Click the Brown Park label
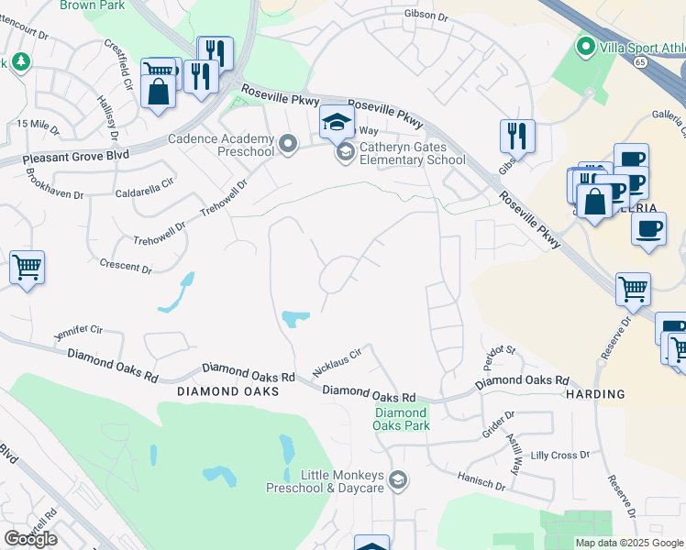coord(92,5)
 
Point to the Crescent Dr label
coord(127,267)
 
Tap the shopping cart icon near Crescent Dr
coord(28,269)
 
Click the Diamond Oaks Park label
coord(402,419)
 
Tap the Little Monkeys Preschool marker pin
coord(398,479)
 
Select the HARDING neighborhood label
coord(595,394)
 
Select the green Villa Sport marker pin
coord(584,46)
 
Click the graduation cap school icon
coord(336,121)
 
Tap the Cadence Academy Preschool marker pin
coord(289,143)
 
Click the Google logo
coord(31,539)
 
